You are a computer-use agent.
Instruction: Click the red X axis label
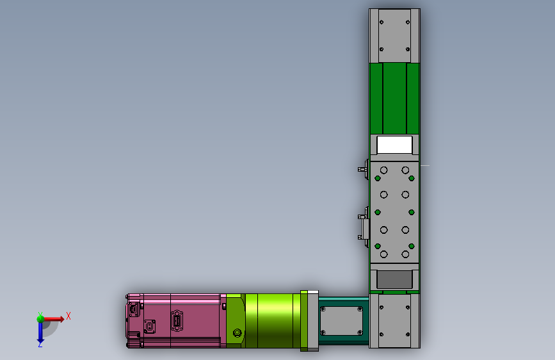pos(68,315)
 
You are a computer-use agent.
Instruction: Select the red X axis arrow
pos(54,318)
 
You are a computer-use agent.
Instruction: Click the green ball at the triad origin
pos(40,318)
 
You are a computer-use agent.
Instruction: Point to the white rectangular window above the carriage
pos(394,145)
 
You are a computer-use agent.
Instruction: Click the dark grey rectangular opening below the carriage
pos(394,279)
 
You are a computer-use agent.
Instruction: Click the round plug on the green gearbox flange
pos(237,333)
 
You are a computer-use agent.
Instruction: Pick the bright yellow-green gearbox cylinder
pos(272,320)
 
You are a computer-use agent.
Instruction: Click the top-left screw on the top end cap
pos(382,22)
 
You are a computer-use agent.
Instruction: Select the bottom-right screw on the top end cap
pos(407,49)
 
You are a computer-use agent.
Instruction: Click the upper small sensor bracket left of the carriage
pos(362,170)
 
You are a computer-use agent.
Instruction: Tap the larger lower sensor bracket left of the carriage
pos(363,226)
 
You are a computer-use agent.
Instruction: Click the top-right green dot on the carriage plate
pos(412,178)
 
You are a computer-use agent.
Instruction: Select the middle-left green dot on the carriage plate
pos(377,212)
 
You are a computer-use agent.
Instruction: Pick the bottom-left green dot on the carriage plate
pos(377,247)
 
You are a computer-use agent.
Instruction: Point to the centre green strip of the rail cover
pos(394,99)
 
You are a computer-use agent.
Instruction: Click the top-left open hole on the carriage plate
pos(384,170)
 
